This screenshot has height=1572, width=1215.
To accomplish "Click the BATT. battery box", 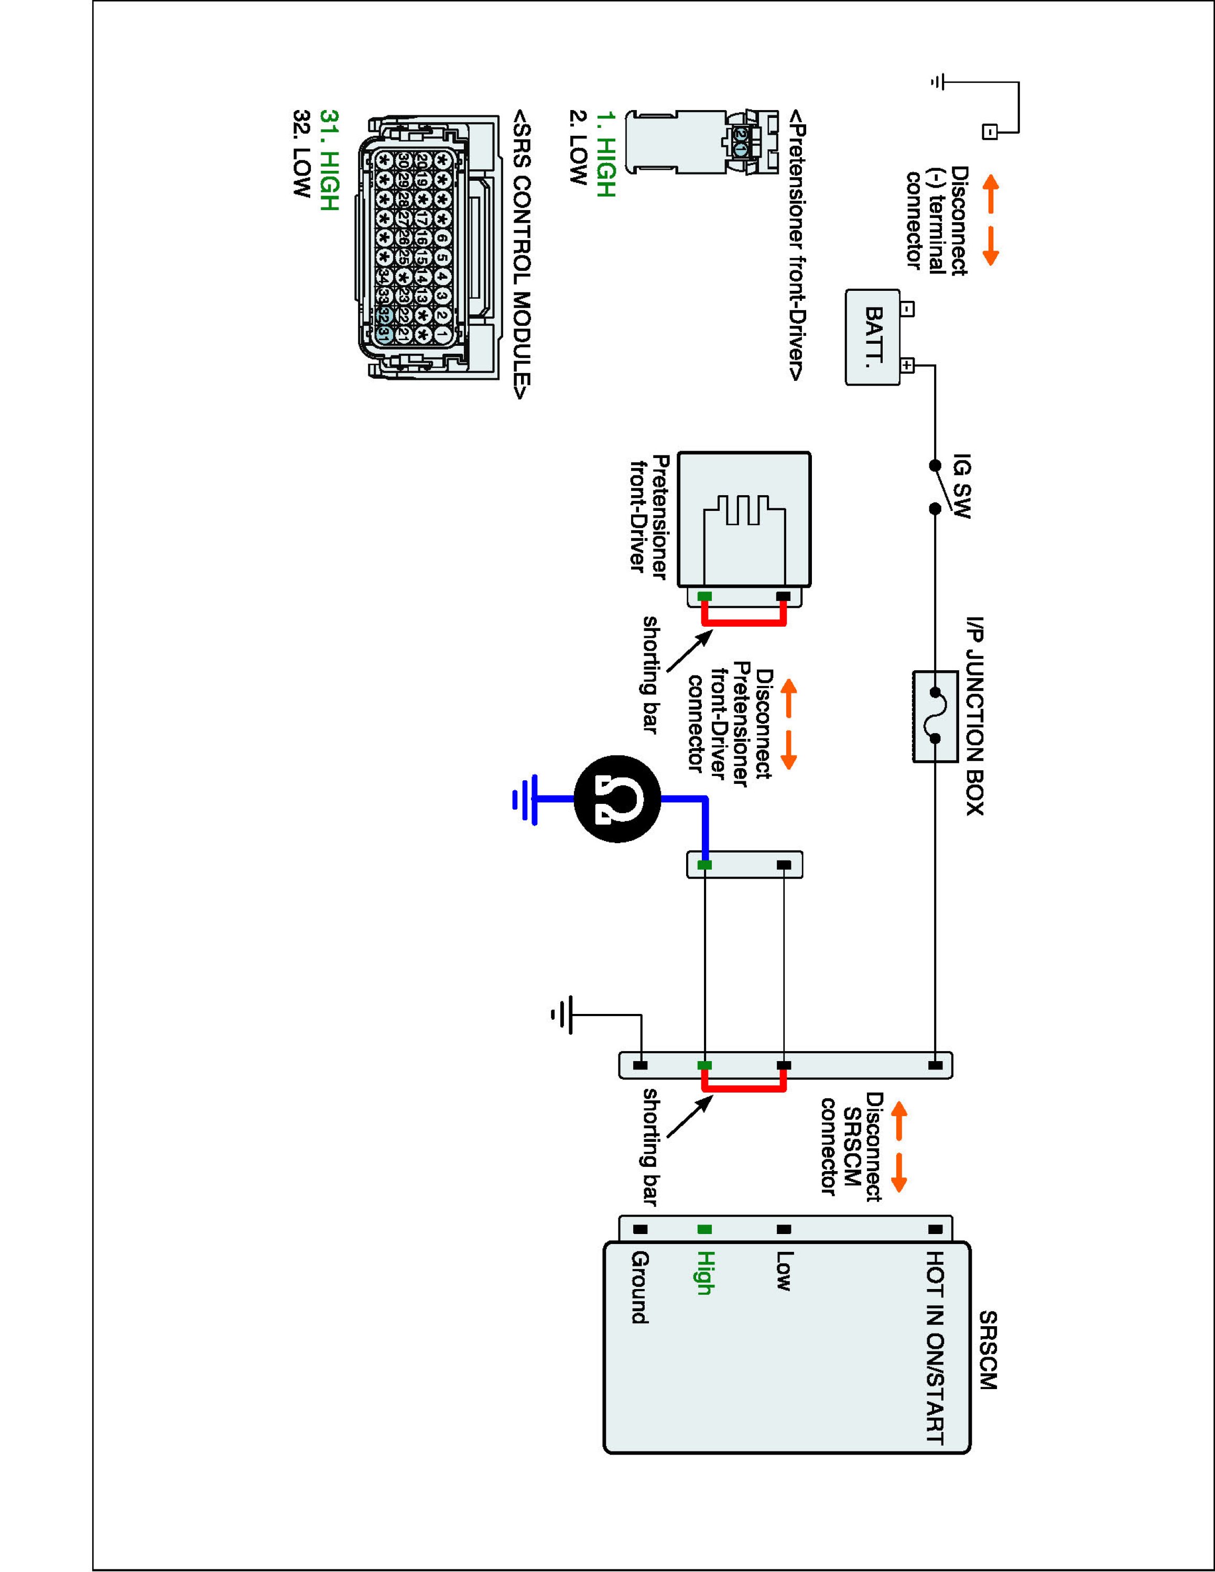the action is point(872,337).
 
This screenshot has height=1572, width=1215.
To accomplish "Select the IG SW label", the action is point(962,487).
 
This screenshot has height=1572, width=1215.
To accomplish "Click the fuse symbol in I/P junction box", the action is point(934,716).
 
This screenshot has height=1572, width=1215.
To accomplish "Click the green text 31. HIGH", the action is point(328,160).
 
